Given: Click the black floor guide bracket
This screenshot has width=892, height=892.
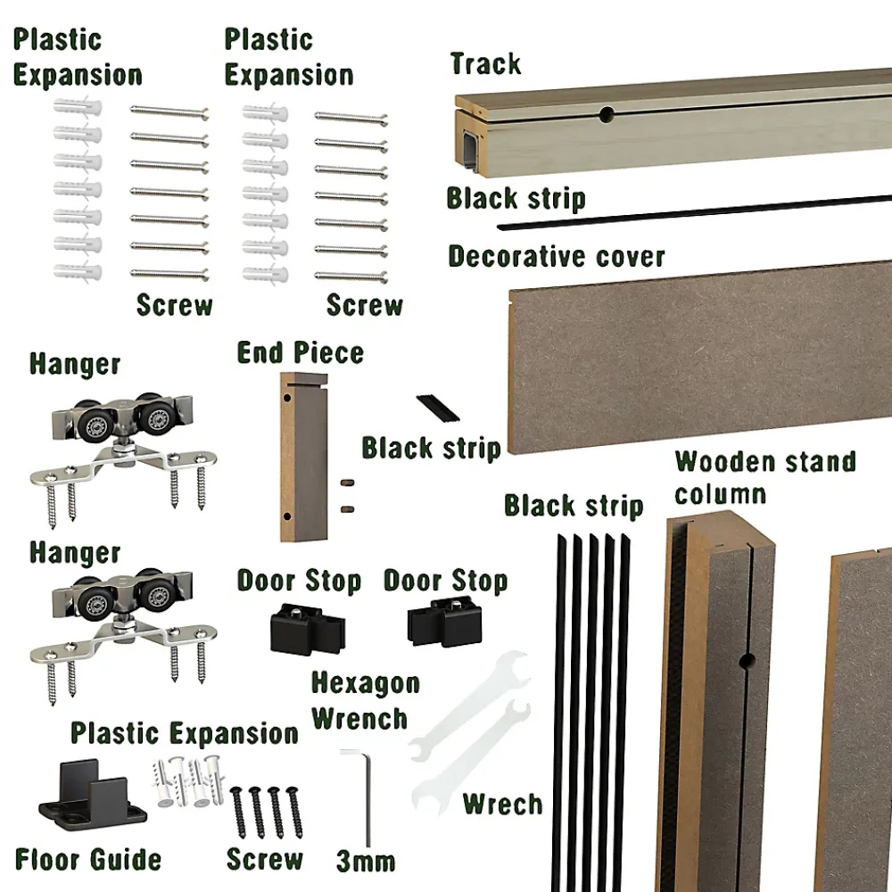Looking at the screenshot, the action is [x=92, y=797].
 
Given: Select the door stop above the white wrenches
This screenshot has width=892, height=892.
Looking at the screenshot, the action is [x=445, y=622].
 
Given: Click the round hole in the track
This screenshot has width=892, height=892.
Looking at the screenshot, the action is [x=607, y=114].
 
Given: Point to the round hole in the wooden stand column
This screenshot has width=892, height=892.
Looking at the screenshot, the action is [x=747, y=661].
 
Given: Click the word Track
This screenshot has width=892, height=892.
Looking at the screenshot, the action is [x=485, y=63].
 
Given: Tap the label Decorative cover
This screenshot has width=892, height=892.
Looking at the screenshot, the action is [x=557, y=257].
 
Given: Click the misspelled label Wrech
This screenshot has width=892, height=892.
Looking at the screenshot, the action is [x=503, y=804].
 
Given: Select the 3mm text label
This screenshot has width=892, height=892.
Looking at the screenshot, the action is [x=365, y=862].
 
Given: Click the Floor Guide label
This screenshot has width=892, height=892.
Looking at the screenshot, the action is [x=88, y=859].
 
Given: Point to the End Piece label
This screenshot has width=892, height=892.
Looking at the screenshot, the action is [x=301, y=352].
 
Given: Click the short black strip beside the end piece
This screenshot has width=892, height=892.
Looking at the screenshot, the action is [x=438, y=408].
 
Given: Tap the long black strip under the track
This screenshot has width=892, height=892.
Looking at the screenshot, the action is [x=694, y=212].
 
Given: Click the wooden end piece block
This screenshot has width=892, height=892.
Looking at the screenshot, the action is [x=304, y=458].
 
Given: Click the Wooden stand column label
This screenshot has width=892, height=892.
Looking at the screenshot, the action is [x=765, y=477].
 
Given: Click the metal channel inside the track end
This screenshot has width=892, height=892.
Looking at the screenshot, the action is [x=472, y=148].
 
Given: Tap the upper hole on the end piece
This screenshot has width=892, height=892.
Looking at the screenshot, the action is [x=287, y=398].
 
